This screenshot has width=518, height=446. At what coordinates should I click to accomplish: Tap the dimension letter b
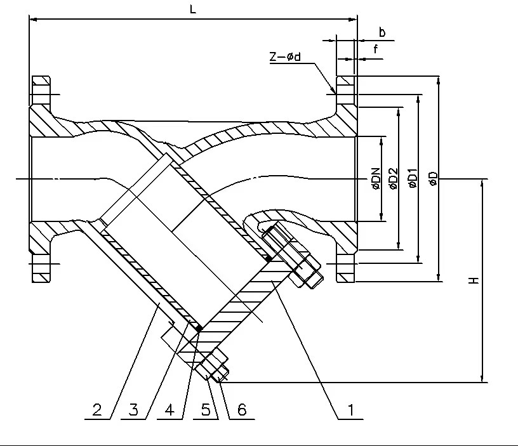(382, 32)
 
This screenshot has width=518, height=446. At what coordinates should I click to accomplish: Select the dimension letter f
(376, 48)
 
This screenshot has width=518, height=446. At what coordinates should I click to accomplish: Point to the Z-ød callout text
(284, 57)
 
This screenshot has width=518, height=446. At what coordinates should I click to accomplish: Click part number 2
(97, 410)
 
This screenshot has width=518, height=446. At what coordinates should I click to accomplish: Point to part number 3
(133, 410)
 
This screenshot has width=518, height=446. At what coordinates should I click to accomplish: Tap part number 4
(169, 410)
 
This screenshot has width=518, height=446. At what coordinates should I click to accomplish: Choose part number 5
(205, 410)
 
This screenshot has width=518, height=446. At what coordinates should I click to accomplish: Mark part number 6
(241, 410)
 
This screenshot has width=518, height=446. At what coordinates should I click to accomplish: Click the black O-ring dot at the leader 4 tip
(199, 328)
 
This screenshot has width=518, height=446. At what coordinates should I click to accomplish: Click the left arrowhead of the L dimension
(33, 20)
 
